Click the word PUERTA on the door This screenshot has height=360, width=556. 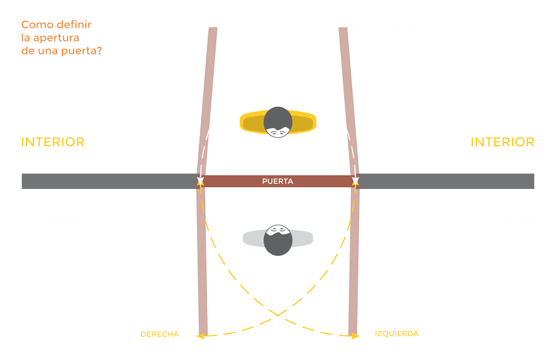click(x=277, y=182)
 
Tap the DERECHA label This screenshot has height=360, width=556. click(x=159, y=334)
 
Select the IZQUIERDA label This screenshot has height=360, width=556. click(x=397, y=333)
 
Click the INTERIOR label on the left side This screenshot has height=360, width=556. click(x=53, y=142)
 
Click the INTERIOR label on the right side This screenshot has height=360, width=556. click(x=502, y=142)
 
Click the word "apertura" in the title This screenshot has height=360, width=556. click(x=56, y=38)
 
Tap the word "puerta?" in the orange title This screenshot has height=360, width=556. click(x=82, y=51)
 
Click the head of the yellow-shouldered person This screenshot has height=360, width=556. click(x=278, y=122)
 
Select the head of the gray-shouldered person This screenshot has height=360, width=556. click(x=278, y=240)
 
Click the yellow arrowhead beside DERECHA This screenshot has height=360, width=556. click(x=201, y=335)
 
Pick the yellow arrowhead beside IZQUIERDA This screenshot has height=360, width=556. click(x=355, y=336)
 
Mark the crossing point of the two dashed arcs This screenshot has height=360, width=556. click(x=278, y=315)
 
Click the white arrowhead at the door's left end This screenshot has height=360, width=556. click(x=200, y=181)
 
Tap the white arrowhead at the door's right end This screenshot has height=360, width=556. click(x=355, y=181)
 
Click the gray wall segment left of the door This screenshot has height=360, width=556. click(x=109, y=181)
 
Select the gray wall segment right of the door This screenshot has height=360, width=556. click(x=446, y=181)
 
